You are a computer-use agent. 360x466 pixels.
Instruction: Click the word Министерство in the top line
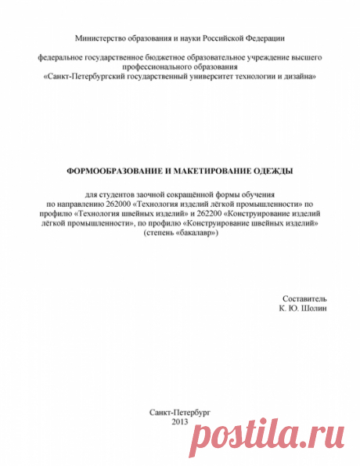tap(99, 37)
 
